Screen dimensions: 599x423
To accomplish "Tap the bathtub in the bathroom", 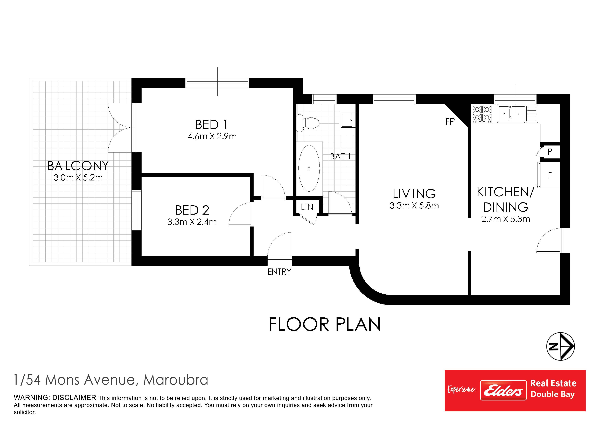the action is [309, 168].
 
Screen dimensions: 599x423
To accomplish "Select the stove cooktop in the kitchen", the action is [482, 114].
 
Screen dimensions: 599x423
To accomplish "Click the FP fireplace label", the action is [450, 122].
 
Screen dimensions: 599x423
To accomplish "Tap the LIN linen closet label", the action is [307, 207].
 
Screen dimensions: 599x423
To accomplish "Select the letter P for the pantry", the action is [550, 151].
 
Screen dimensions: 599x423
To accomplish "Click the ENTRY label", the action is [279, 272].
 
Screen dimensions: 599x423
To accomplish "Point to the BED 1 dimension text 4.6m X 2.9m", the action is [212, 136].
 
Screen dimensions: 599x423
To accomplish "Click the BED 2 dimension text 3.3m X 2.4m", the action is [192, 222].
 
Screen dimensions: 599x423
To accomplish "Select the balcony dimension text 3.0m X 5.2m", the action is [78, 178].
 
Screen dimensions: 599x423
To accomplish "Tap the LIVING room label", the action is [414, 194].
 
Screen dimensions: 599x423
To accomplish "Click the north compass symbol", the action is [560, 346].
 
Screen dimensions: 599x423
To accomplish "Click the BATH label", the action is [340, 156].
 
